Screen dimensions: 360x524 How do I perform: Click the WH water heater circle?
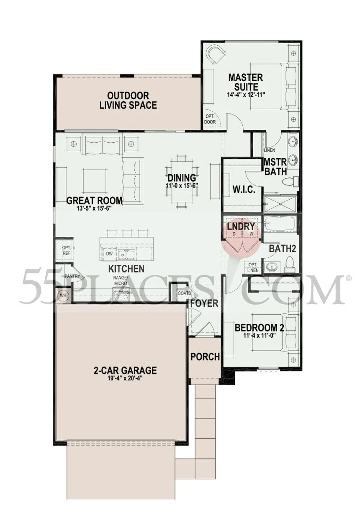click(63, 295)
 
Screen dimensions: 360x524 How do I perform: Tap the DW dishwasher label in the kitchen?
click(110, 254)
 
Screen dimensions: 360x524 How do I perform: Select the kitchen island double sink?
click(126, 254)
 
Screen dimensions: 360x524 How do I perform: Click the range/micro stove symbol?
click(121, 295)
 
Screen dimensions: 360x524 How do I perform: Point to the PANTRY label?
click(72, 276)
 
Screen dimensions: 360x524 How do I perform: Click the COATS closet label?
click(184, 293)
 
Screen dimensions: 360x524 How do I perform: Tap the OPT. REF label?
click(67, 250)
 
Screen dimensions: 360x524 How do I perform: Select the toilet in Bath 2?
click(290, 264)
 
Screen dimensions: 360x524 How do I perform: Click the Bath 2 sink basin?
click(272, 267)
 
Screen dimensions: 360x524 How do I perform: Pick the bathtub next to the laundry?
click(280, 223)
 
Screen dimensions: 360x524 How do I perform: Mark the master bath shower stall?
click(280, 204)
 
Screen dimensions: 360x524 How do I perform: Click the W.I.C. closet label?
click(244, 190)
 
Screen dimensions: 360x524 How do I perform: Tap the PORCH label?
click(205, 357)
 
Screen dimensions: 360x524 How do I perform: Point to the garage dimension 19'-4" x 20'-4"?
click(125, 379)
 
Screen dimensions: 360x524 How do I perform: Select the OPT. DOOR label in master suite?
click(210, 119)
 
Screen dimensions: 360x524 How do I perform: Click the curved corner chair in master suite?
click(216, 54)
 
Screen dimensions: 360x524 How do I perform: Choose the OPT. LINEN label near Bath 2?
click(253, 267)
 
